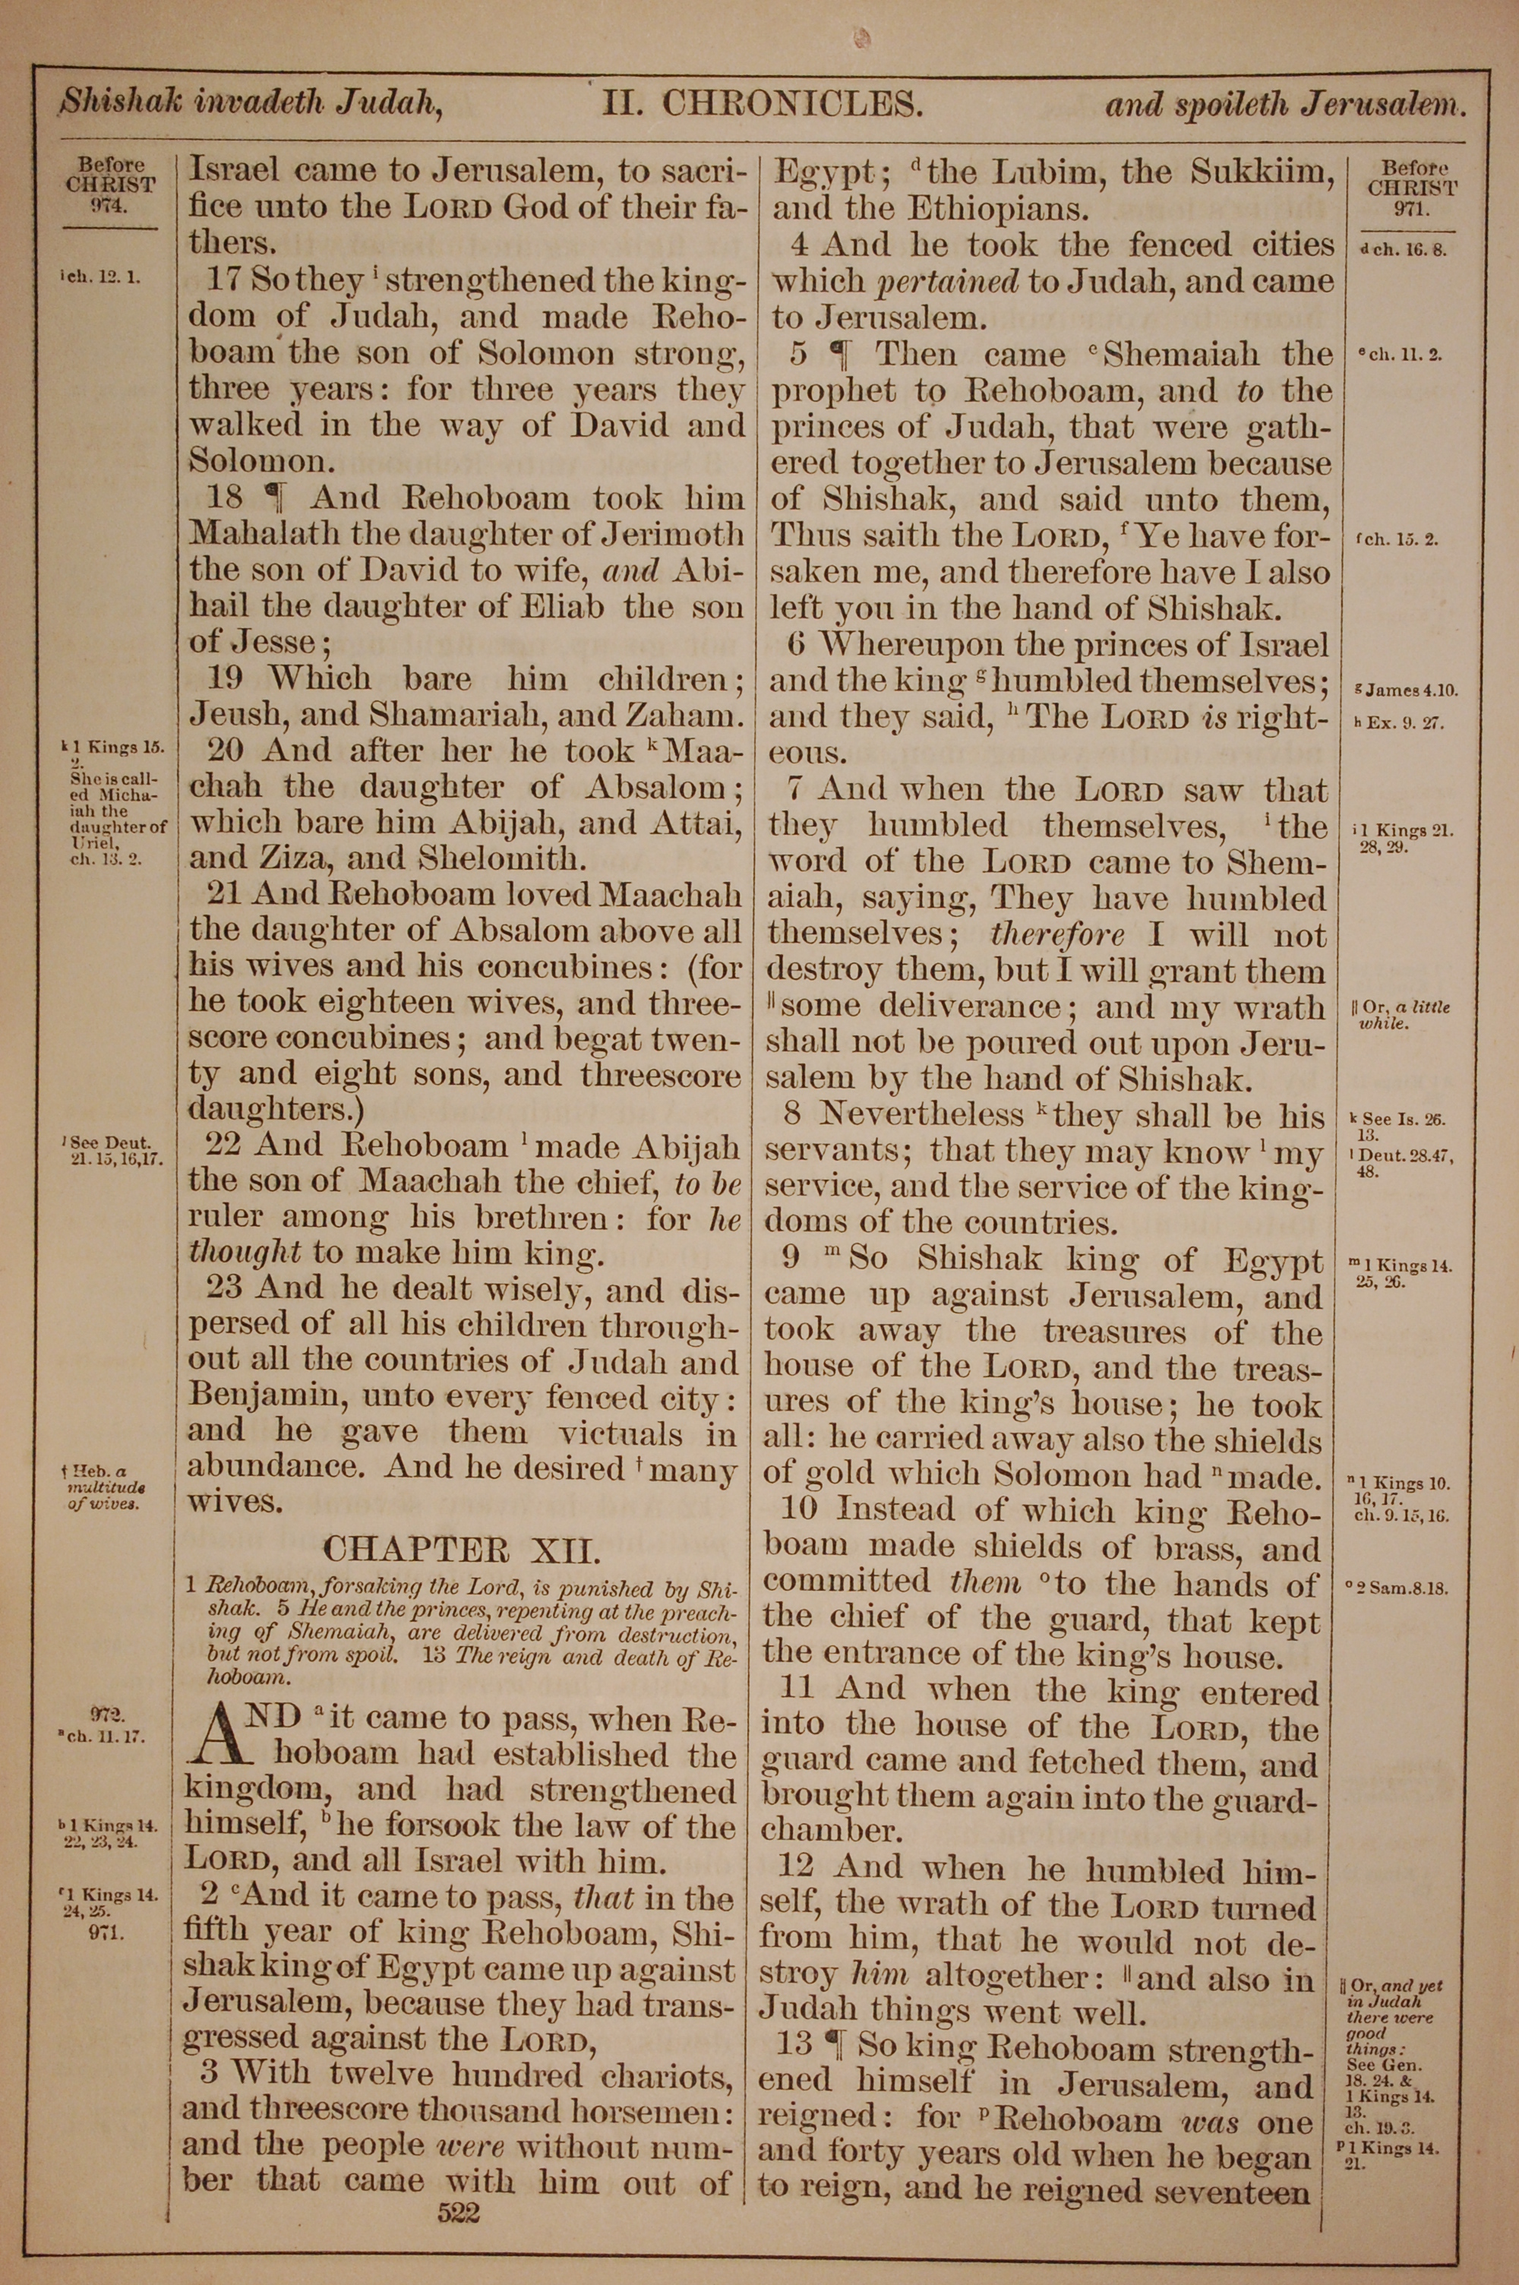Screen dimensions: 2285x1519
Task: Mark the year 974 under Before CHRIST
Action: click(x=109, y=204)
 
